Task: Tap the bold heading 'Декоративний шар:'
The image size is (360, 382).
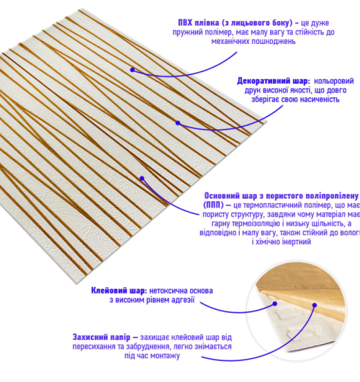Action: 274,81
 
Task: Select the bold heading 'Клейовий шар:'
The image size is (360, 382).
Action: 119,290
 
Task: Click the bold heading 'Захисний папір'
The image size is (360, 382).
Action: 102,337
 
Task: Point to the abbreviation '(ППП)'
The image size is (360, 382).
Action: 213,205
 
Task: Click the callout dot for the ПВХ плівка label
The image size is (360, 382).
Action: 132,70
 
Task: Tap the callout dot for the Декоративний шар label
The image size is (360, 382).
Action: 178,123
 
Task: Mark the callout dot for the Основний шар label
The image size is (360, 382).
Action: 142,179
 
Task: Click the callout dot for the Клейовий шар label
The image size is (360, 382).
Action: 275,303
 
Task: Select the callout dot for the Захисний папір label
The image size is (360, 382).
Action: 315,305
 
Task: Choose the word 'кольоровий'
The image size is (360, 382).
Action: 333,81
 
